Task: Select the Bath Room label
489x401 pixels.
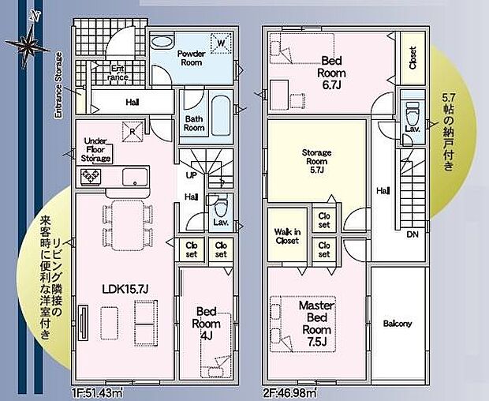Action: point(194,123)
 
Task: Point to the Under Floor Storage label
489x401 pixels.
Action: point(95,149)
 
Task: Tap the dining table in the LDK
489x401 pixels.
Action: point(125,221)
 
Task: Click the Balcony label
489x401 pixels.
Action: point(398,324)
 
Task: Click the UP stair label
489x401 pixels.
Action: point(192,174)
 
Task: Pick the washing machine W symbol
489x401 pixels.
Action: point(221,43)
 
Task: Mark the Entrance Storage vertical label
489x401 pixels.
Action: point(58,85)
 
